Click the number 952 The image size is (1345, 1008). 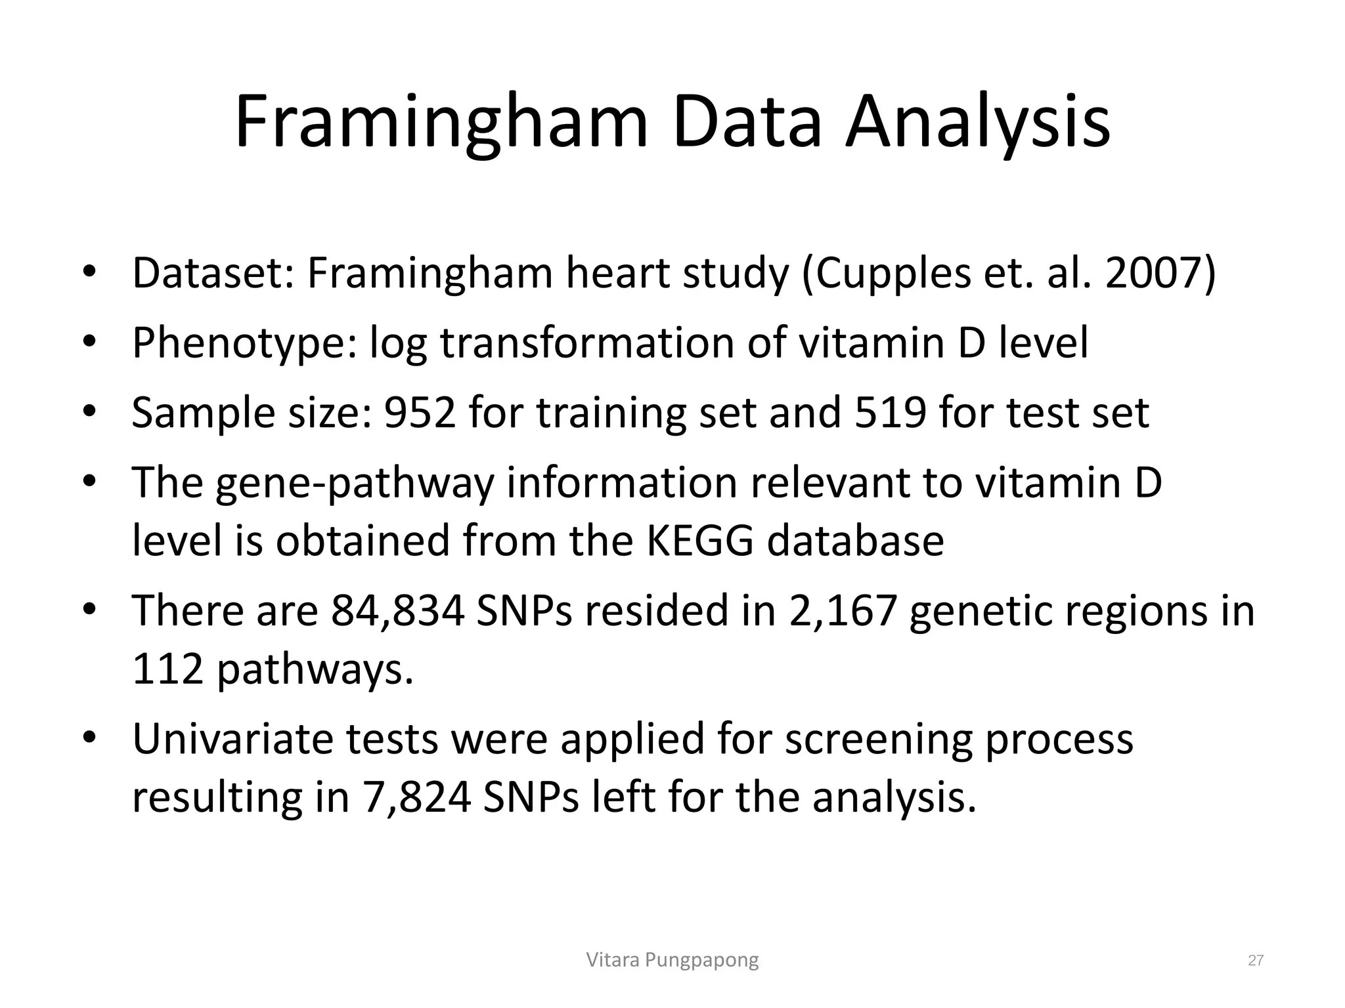420,413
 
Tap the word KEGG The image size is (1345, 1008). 700,540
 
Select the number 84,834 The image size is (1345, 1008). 397,610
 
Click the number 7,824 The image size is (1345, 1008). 416,797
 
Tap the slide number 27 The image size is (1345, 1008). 1256,961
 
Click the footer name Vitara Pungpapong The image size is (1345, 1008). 672,960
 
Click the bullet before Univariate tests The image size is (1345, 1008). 90,738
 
